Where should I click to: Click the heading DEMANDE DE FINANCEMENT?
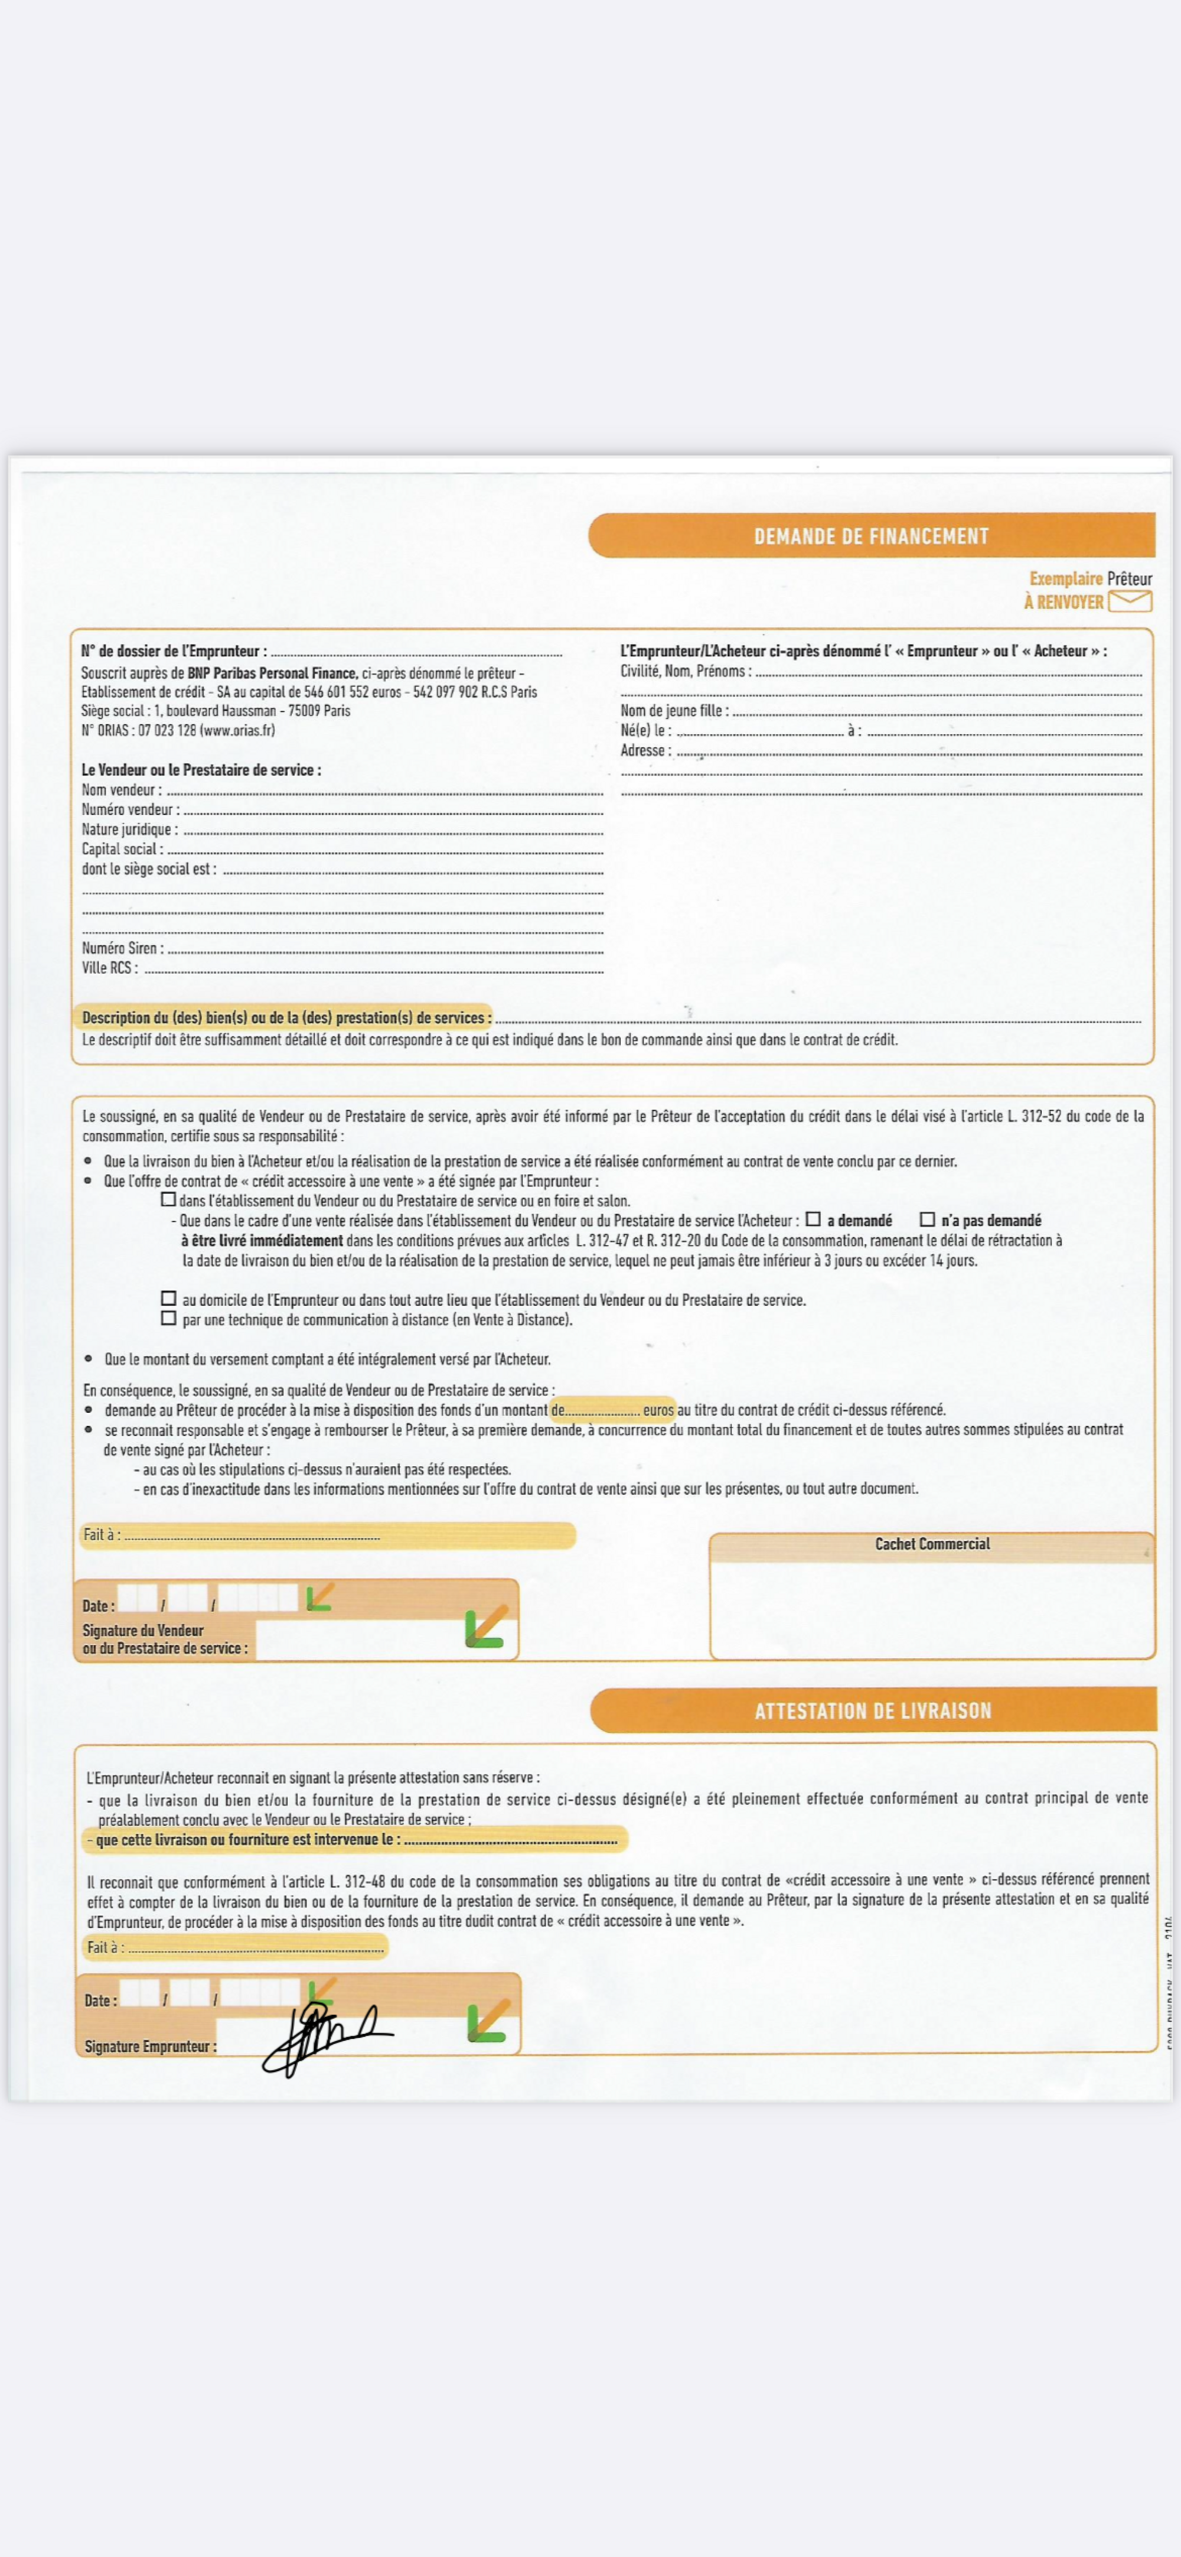tap(870, 536)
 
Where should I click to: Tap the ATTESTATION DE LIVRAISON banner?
tap(872, 1710)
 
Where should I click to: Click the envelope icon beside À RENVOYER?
tap(1130, 600)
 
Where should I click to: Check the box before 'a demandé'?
tap(813, 1219)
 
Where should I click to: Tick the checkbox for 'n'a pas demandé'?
tap(927, 1219)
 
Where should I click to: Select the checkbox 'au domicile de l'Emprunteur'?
tap(169, 1299)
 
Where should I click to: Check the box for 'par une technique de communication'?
tap(169, 1318)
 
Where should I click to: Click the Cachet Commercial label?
tap(932, 1544)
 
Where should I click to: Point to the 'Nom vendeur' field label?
tap(121, 790)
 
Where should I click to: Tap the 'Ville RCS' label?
tap(109, 968)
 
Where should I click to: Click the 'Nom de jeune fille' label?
tap(674, 711)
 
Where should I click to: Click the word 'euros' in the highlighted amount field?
tap(658, 1410)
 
